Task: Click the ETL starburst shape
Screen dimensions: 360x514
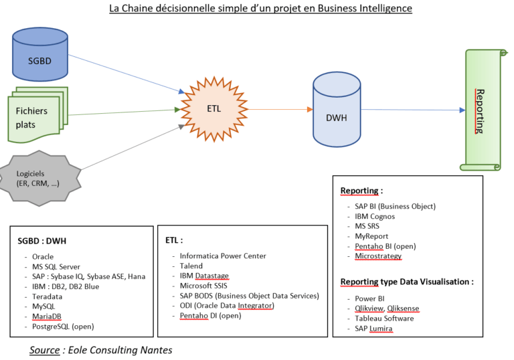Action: coord(213,107)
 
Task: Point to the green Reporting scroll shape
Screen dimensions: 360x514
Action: coord(481,110)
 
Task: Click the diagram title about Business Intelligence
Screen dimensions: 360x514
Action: coord(260,9)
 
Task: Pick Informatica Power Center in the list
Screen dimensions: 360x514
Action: coord(223,256)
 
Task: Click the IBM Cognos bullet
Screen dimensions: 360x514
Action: coord(375,216)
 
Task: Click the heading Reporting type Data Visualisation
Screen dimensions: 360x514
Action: coord(406,282)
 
